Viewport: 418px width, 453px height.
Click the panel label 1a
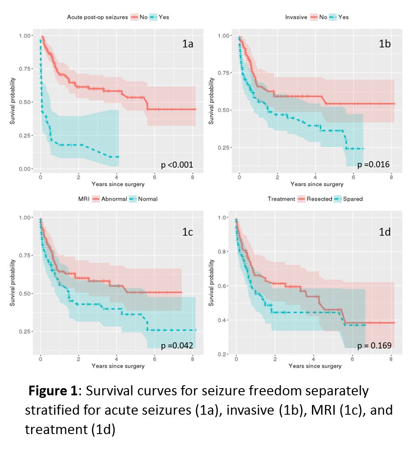pyautogui.click(x=187, y=44)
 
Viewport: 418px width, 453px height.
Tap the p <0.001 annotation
pyautogui.click(x=177, y=165)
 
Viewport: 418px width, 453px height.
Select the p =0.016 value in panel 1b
pyautogui.click(x=373, y=164)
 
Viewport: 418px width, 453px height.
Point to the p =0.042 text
pyautogui.click(x=177, y=346)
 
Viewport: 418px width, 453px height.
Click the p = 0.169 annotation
pyautogui.click(x=374, y=346)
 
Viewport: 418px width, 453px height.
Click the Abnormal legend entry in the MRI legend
pyautogui.click(x=114, y=199)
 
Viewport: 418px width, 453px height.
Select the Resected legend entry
pyautogui.click(x=320, y=199)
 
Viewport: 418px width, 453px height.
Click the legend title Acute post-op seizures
pyautogui.click(x=97, y=17)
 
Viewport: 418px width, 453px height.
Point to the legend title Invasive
pyautogui.click(x=296, y=17)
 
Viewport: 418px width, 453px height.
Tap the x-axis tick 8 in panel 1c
pyautogui.click(x=192, y=358)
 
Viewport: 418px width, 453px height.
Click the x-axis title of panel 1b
pyautogui.click(x=317, y=184)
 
